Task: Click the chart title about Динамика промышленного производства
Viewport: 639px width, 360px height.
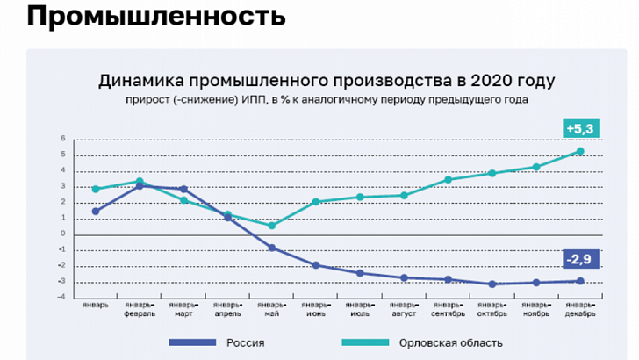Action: tap(326, 81)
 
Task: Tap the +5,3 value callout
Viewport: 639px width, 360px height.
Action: tap(580, 129)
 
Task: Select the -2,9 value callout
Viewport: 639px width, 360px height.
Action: tap(580, 259)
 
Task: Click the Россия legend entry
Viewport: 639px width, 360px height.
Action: tap(245, 342)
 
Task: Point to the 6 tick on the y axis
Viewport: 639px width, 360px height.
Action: tap(62, 139)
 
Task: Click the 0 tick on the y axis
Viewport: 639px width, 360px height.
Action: tap(62, 234)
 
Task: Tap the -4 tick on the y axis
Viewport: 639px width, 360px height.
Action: tap(61, 297)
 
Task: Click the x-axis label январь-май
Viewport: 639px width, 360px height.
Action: tap(272, 309)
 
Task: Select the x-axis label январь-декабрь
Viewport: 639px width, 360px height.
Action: tap(579, 309)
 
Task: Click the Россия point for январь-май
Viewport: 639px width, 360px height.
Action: tap(272, 248)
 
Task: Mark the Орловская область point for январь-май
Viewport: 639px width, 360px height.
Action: tap(272, 226)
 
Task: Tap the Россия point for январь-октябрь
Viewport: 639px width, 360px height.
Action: tap(492, 284)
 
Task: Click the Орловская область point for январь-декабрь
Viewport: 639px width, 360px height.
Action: tap(579, 151)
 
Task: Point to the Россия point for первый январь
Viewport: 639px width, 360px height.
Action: tap(96, 211)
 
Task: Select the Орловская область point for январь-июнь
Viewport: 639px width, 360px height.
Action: tap(316, 202)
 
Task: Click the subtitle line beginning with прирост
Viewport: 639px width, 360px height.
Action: tap(326, 99)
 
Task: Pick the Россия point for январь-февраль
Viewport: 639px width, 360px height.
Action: tap(140, 186)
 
